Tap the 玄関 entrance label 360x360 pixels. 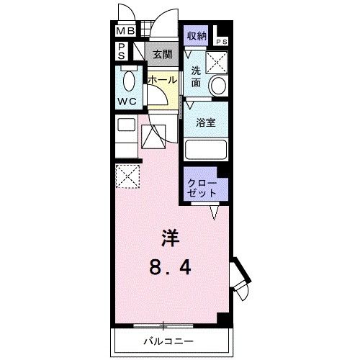[161, 54]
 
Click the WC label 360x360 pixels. [127, 102]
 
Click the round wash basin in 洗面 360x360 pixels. [217, 86]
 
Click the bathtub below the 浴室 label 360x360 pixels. [206, 150]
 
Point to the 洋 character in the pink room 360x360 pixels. [170, 238]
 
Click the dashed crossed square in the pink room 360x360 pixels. [127, 175]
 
